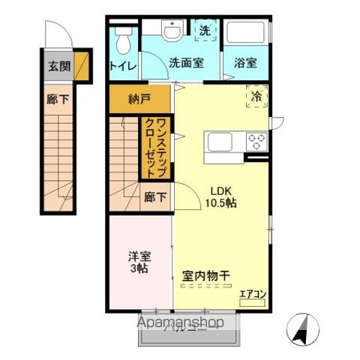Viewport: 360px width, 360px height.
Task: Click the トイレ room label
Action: tap(123, 65)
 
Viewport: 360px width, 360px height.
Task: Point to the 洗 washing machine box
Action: tap(204, 31)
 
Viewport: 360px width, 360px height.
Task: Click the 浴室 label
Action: tap(245, 64)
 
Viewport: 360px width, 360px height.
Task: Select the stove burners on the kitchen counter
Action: tap(257, 141)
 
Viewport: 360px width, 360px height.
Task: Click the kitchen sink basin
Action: tap(222, 142)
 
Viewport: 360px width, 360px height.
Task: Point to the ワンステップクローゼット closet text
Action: tap(156, 148)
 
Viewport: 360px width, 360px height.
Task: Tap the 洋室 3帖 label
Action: tap(139, 261)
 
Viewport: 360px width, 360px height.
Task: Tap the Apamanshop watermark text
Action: tap(180, 323)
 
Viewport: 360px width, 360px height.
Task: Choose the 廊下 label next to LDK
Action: tap(155, 197)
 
